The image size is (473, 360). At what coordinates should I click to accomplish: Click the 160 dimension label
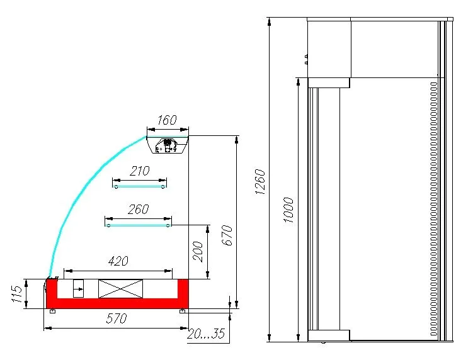tap(167, 120)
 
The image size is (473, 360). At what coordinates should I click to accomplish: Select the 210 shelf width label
tap(139, 171)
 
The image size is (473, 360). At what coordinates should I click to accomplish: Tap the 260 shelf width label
tap(138, 209)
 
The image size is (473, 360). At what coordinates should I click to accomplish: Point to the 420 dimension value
tap(118, 261)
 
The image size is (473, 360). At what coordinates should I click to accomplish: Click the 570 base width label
tap(117, 318)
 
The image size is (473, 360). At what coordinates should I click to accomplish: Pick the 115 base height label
tap(17, 294)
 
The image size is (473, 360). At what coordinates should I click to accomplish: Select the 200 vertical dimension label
tap(198, 252)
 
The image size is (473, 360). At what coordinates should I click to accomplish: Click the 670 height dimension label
tap(228, 235)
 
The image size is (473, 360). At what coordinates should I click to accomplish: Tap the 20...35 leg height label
tap(206, 334)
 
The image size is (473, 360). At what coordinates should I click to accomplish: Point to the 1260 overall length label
tap(259, 181)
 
